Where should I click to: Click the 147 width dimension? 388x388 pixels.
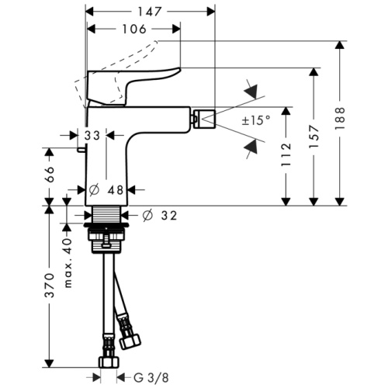click(151, 12)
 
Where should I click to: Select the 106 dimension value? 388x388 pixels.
click(133, 30)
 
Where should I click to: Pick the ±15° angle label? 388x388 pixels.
click(255, 120)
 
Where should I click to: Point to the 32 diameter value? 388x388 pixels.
click(168, 215)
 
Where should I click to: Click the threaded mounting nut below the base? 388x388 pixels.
click(106, 230)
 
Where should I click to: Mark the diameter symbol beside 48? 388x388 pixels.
click(95, 189)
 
